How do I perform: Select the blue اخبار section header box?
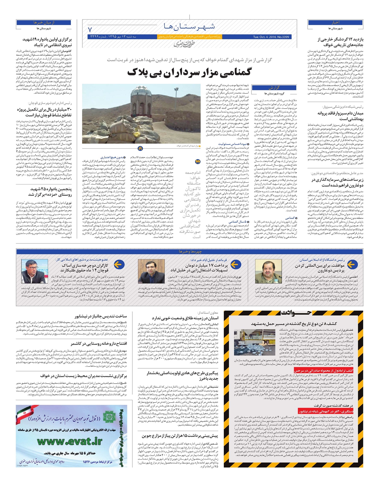(x=331, y=22)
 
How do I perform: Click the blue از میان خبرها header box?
(x=44, y=22)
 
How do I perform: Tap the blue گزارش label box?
(x=270, y=88)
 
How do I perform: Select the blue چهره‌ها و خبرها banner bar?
(x=187, y=251)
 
